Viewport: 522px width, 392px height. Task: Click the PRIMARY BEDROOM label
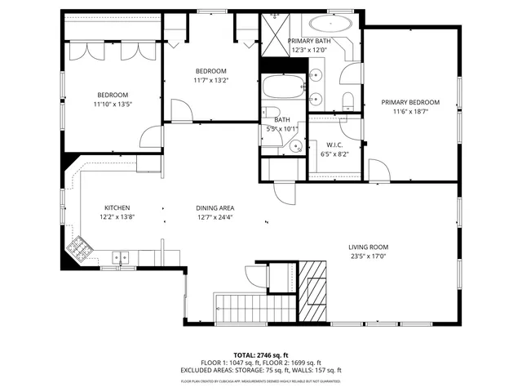pos(410,102)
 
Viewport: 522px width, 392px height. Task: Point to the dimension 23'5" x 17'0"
pos(368,256)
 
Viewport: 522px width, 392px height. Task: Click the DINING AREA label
pos(215,208)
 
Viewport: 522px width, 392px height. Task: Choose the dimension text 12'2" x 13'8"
pos(117,217)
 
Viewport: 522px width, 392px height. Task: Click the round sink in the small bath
pos(297,147)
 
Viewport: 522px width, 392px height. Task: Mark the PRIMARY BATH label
pos(309,41)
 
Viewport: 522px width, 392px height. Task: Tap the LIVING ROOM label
pos(368,247)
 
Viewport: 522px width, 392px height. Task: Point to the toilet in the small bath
pos(272,114)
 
